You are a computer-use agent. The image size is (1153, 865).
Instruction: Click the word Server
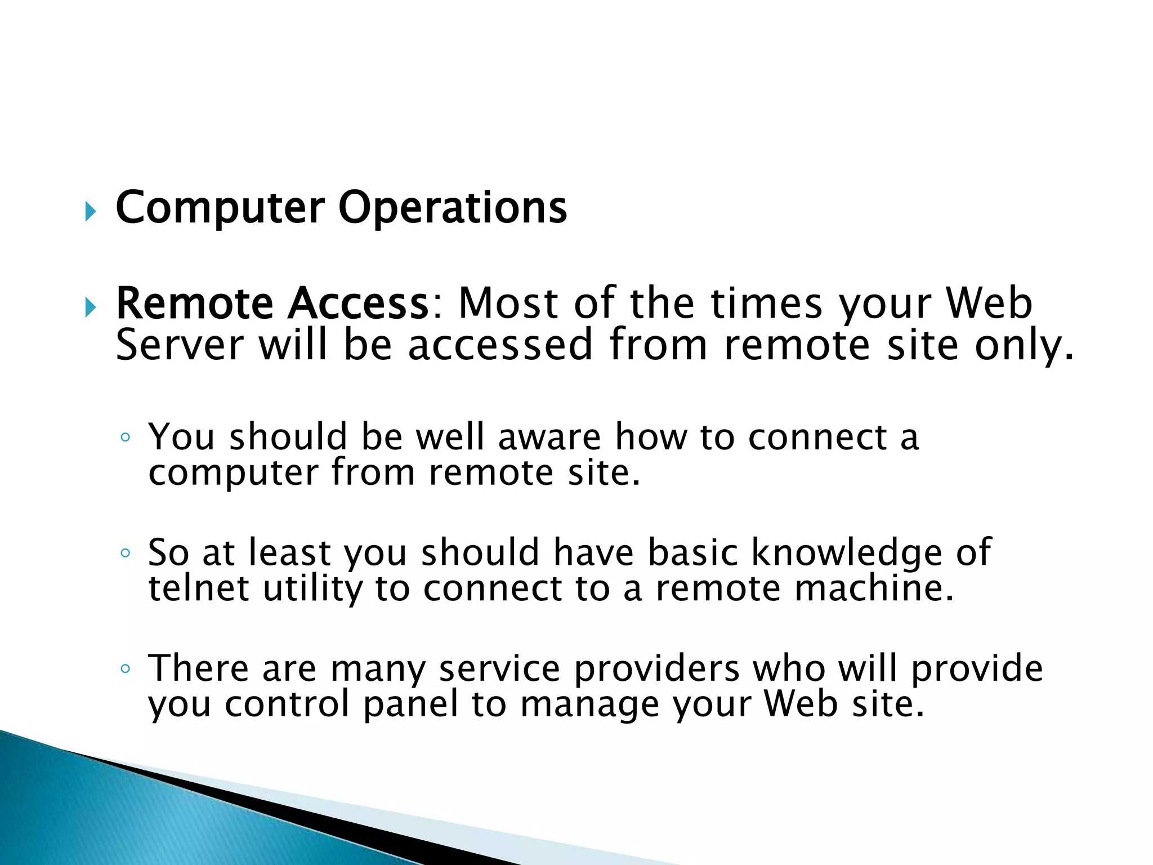180,345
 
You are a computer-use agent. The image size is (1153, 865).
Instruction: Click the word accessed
500,345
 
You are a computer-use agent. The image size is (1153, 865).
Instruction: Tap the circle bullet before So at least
126,553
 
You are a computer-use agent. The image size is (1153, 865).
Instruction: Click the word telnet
198,588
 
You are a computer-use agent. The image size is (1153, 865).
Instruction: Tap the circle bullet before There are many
126,669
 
